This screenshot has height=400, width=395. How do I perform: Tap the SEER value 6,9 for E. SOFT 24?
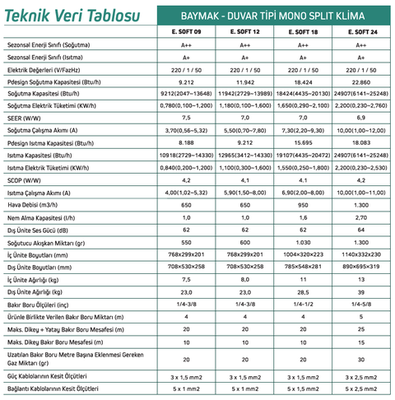362,118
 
